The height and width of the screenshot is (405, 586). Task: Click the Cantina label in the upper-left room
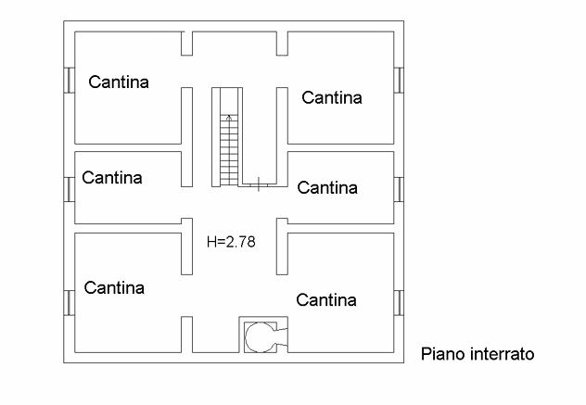pos(119,82)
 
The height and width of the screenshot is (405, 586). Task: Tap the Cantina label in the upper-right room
pos(331,96)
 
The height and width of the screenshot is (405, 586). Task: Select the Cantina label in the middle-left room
pos(111,177)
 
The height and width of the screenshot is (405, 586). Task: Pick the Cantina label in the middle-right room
pos(327,187)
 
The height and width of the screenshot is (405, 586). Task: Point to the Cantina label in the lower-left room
pos(114,287)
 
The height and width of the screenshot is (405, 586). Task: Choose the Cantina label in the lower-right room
pos(326,299)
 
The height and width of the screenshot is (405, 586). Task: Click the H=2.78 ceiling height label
pos(231,242)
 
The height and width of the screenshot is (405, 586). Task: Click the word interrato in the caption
pos(501,354)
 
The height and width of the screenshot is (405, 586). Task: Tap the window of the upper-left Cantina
pos(69,81)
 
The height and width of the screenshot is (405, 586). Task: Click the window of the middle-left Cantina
pos(69,188)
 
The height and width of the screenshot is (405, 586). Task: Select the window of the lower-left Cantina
pos(69,302)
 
